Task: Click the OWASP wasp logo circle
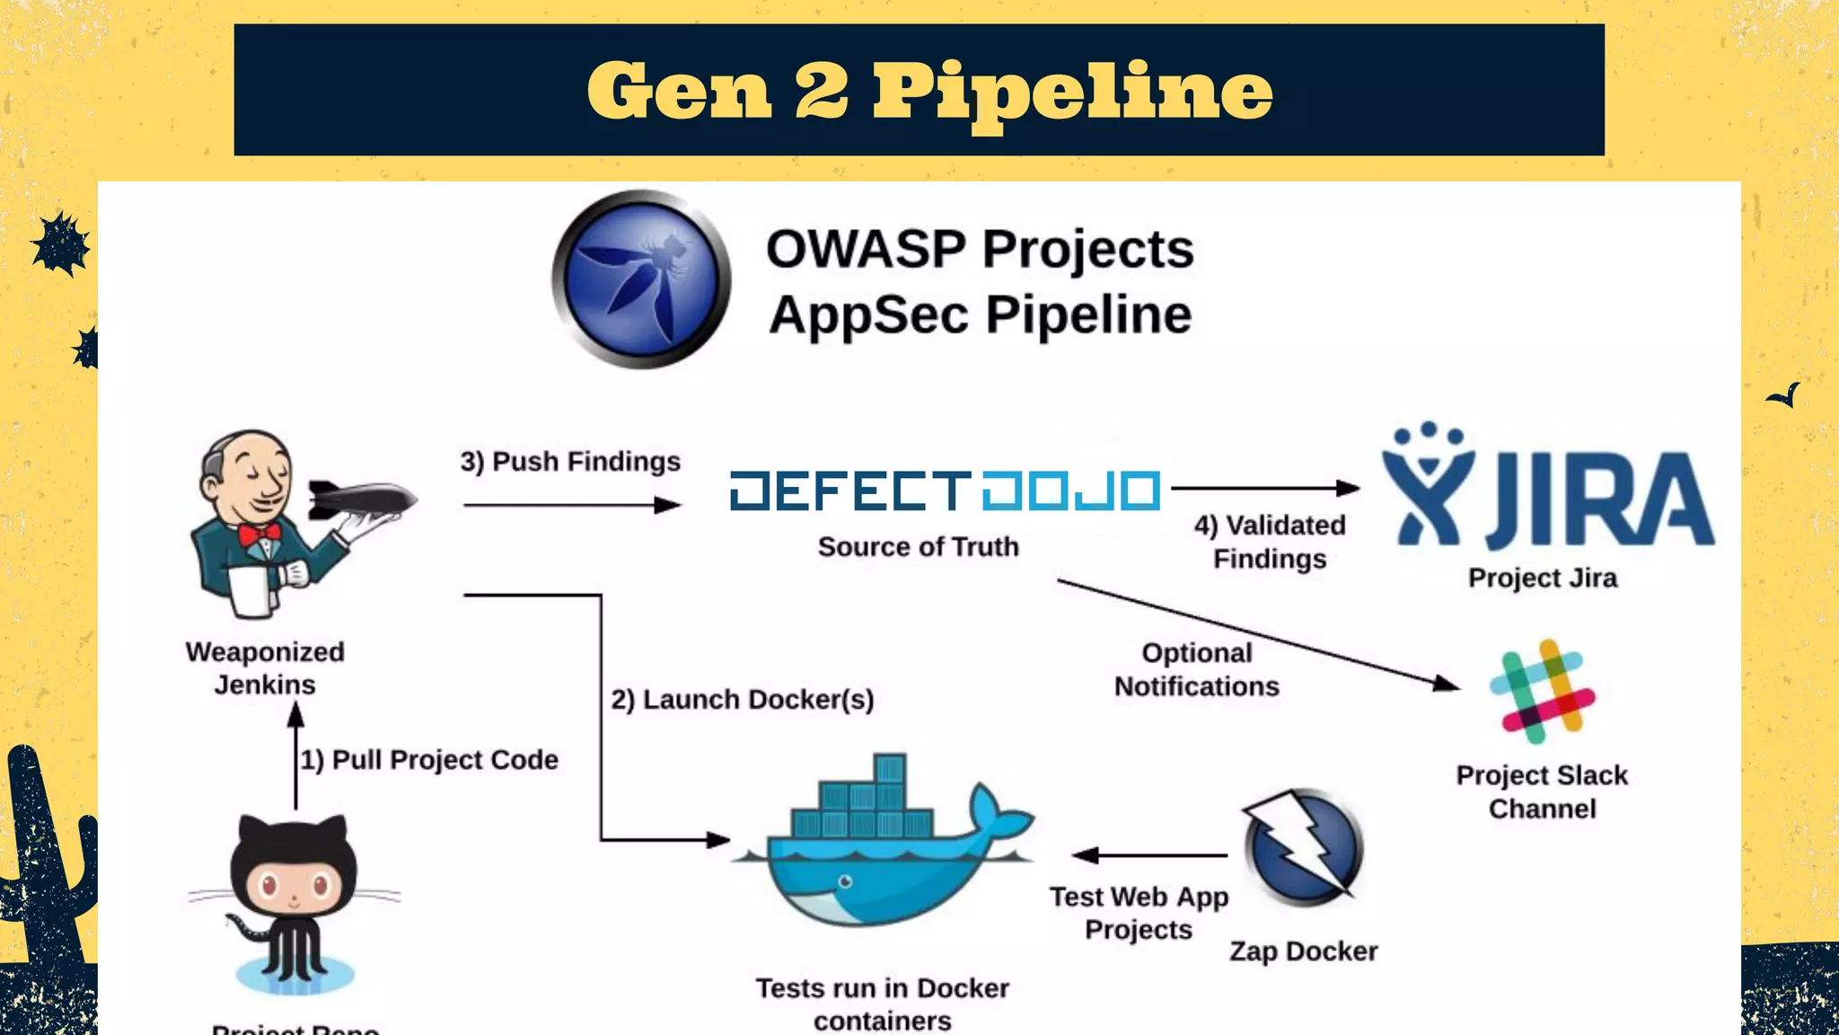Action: click(x=641, y=279)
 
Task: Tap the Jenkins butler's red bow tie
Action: click(x=260, y=536)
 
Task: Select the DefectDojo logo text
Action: click(x=945, y=491)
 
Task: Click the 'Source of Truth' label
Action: click(x=918, y=546)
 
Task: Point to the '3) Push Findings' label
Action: click(x=570, y=461)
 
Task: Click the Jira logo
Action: click(x=1546, y=491)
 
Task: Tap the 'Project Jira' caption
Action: click(x=1542, y=578)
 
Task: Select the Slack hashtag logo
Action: click(x=1542, y=691)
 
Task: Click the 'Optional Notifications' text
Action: click(x=1196, y=669)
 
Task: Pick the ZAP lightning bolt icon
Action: click(x=1304, y=845)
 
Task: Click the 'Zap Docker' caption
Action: click(x=1303, y=951)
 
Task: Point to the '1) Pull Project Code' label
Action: click(x=429, y=760)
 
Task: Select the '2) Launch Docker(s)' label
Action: click(x=742, y=699)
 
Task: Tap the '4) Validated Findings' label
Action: click(x=1269, y=542)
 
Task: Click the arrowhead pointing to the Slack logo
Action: click(x=1447, y=685)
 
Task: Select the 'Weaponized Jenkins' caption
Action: click(x=265, y=668)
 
